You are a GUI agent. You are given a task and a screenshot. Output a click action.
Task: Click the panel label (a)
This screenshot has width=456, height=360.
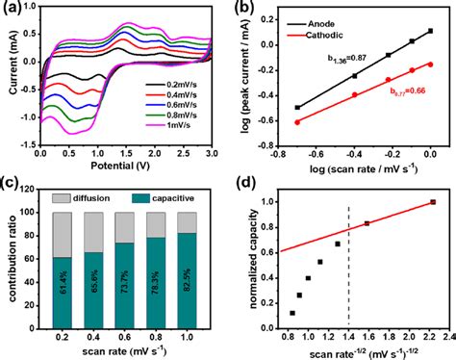click(12, 9)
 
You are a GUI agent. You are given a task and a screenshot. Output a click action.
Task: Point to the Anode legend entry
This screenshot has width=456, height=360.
click(293, 18)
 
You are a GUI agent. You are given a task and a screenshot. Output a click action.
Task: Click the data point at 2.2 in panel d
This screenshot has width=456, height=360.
click(433, 202)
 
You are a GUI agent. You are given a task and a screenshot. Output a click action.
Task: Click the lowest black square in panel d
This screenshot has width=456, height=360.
click(292, 313)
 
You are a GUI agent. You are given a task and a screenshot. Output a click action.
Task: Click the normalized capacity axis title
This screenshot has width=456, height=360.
click(247, 257)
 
